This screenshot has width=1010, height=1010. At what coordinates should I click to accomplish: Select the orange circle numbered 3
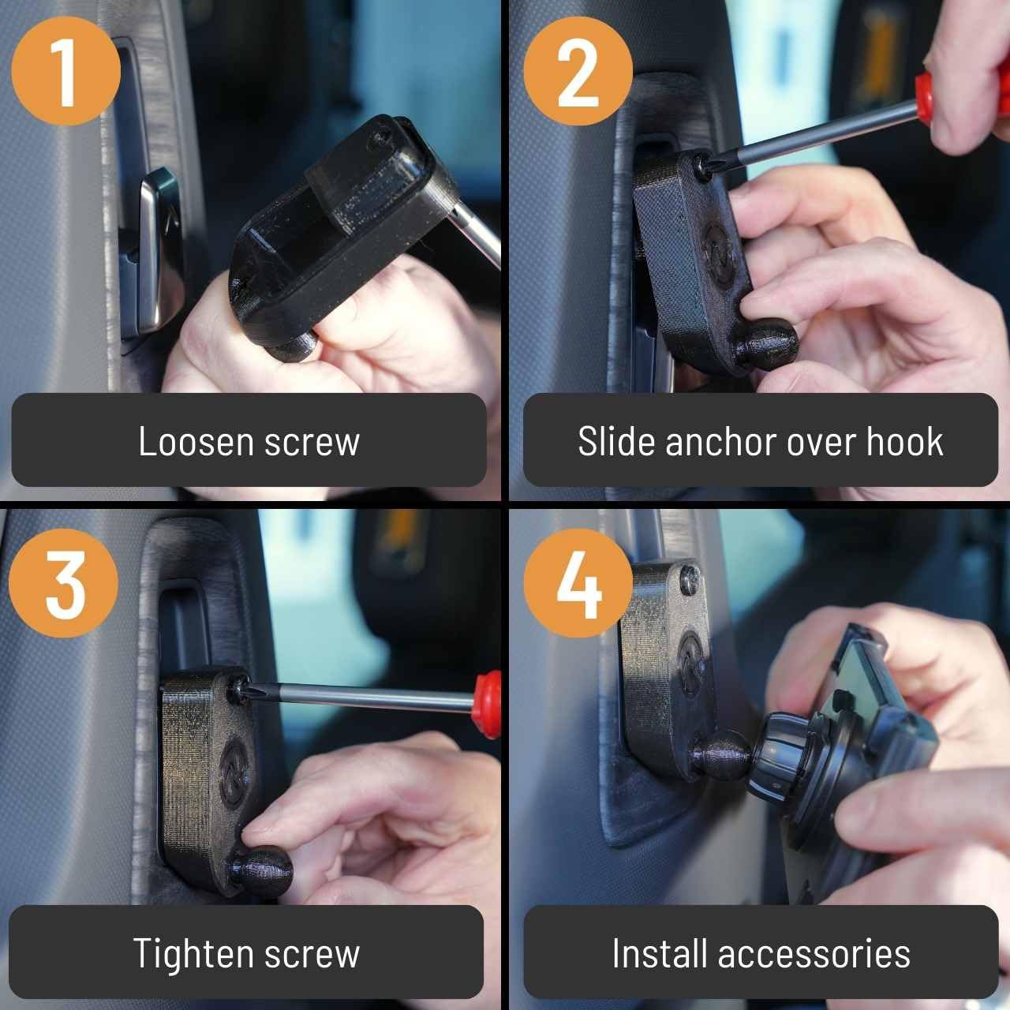pos(65,584)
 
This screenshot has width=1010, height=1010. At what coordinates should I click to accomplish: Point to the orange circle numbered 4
pos(578,584)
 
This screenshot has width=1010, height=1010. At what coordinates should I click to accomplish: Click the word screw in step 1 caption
pos(312,441)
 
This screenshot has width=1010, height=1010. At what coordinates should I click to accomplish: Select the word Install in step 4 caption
pos(658,953)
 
